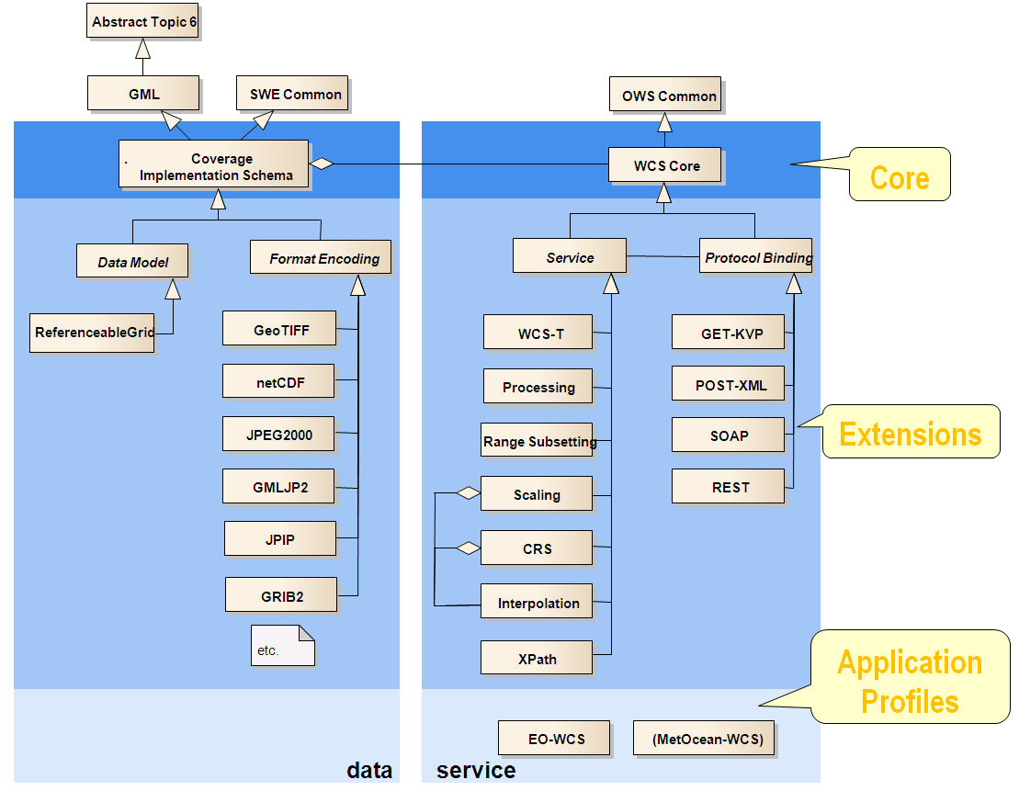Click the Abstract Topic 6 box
point(144,22)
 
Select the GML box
point(143,94)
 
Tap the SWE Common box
point(291,94)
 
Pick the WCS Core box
point(665,166)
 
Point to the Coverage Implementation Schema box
point(215,166)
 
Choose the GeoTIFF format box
point(279,330)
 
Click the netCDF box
point(278,382)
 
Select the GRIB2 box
point(280,595)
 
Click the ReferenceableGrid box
point(93,333)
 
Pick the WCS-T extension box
point(538,333)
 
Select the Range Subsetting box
point(538,441)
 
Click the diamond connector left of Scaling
point(469,493)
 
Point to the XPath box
point(537,658)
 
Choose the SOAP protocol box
point(729,435)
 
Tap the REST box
point(729,487)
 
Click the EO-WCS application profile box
point(555,738)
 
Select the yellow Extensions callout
point(910,433)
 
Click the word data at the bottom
point(369,770)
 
